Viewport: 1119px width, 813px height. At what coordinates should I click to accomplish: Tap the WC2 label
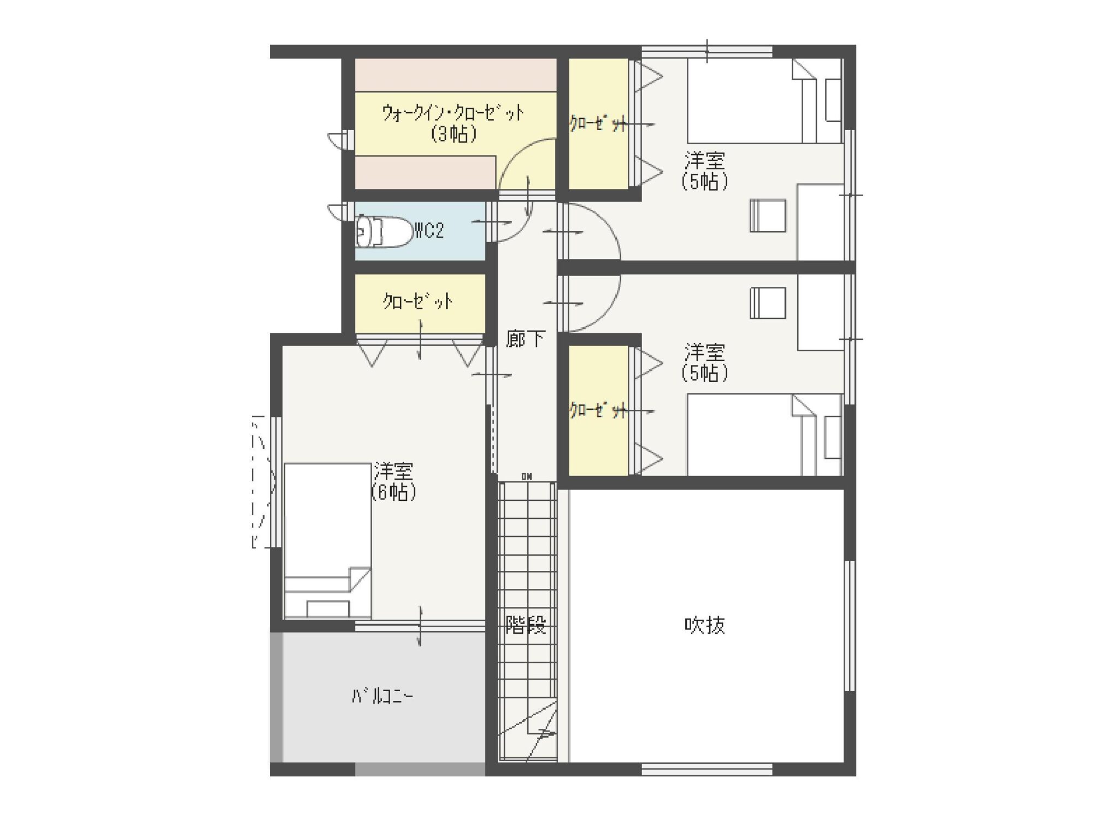(429, 231)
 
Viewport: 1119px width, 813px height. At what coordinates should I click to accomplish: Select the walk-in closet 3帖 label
(454, 123)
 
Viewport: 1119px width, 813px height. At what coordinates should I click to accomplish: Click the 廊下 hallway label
(526, 339)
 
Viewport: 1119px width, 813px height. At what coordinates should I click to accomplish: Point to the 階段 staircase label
(526, 625)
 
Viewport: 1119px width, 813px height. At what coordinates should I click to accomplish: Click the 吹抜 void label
(705, 625)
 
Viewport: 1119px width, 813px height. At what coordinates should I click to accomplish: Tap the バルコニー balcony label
(382, 696)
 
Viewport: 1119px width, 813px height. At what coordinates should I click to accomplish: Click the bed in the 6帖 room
(328, 541)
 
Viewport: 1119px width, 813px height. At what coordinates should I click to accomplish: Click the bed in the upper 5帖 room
(764, 101)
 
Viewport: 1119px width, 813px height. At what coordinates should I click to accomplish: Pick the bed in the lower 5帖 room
(764, 434)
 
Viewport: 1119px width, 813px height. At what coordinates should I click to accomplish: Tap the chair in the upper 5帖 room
(768, 216)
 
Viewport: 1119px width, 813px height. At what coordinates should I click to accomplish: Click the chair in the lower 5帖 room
(768, 303)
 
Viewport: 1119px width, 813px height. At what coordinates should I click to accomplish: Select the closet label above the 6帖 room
(418, 301)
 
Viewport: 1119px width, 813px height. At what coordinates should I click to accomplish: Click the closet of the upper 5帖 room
(598, 124)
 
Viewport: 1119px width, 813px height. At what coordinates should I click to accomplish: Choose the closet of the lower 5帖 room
(598, 410)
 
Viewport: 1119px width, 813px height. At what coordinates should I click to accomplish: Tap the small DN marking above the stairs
(526, 476)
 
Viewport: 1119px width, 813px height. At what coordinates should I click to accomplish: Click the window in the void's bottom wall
(706, 769)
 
